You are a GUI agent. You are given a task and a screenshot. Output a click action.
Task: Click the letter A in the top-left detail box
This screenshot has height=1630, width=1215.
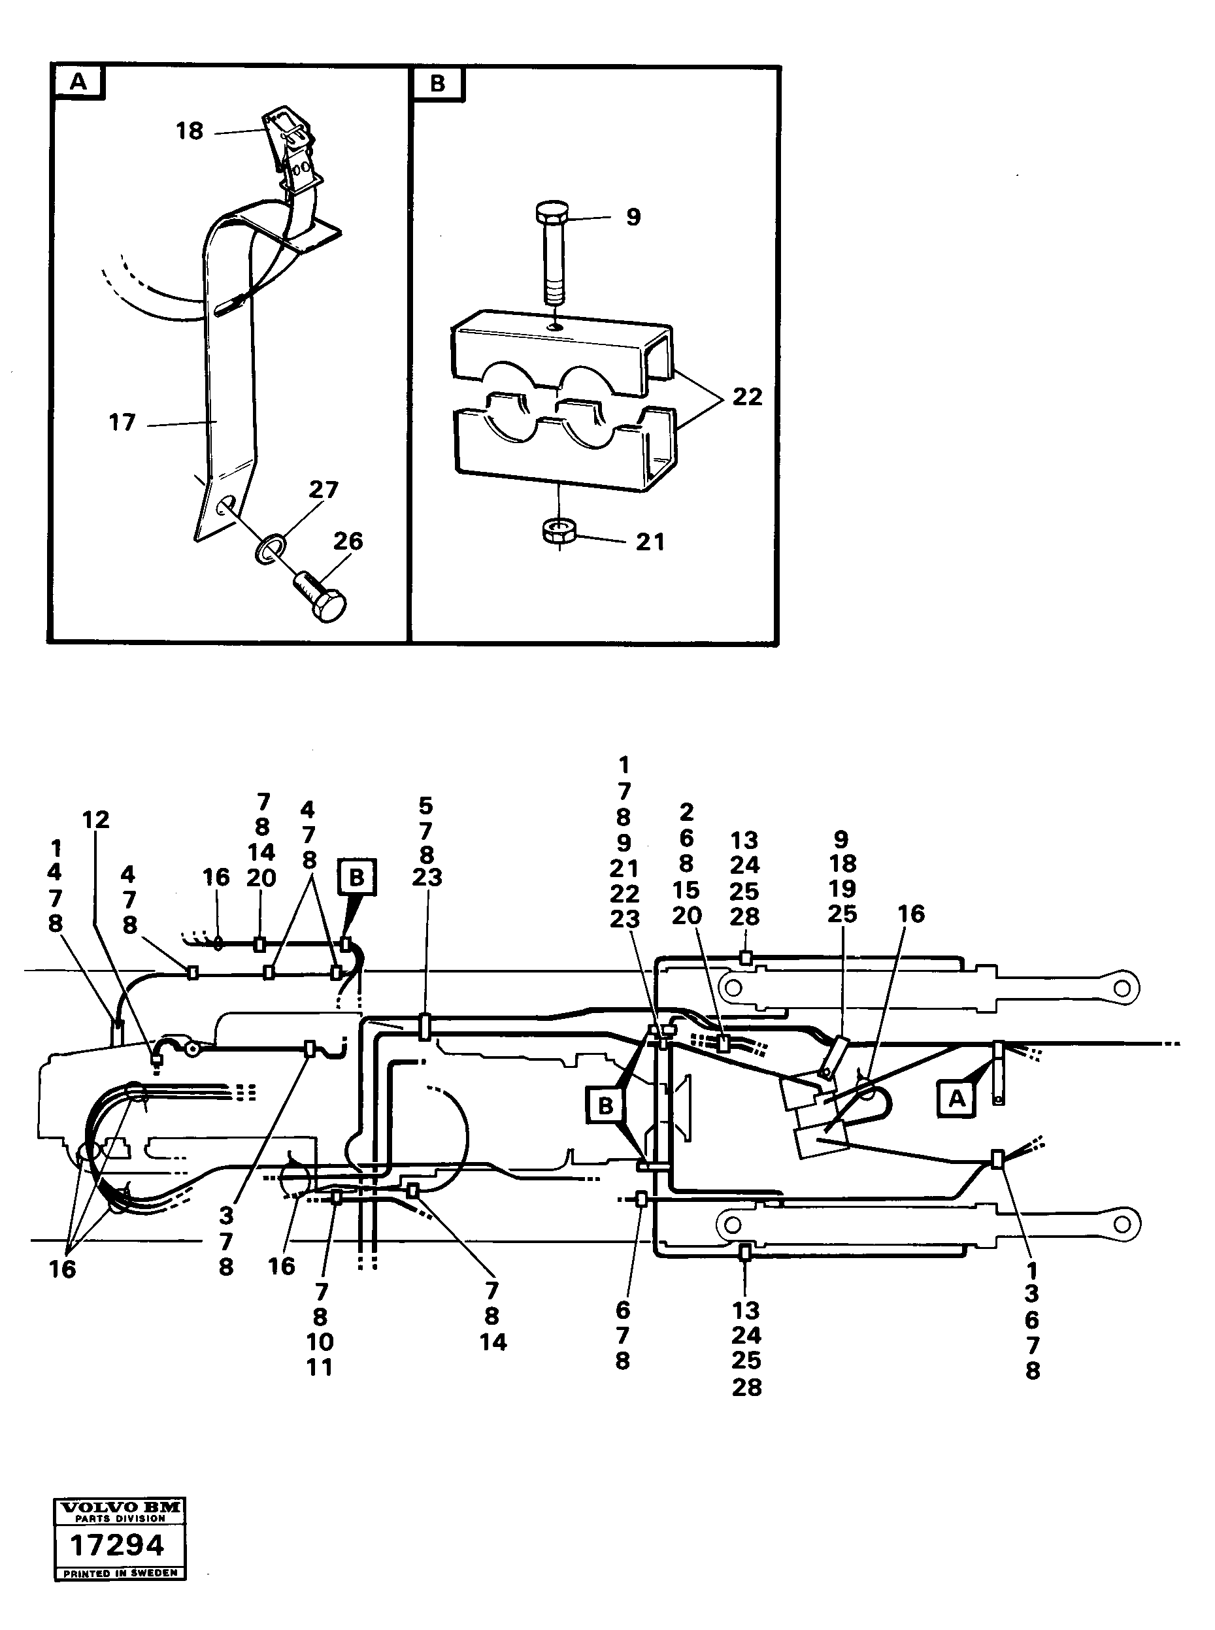point(78,83)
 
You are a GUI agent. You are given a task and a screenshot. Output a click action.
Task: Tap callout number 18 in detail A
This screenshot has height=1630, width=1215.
point(189,131)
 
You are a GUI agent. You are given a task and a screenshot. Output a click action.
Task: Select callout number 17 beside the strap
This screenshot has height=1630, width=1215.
point(122,423)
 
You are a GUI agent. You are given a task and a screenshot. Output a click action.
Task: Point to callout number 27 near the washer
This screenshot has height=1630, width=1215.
point(324,490)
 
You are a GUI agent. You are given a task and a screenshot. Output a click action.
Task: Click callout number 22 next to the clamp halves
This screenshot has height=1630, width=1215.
point(747,397)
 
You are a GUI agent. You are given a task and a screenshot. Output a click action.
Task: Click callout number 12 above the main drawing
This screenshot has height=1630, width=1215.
point(95,820)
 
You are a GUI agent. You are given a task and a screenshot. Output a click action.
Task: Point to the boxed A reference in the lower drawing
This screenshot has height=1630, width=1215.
point(956,1099)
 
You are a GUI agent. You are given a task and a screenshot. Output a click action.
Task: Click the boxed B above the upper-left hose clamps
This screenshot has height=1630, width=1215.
point(357,877)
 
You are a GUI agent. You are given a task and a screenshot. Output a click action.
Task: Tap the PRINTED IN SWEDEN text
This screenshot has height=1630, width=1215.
point(120,1573)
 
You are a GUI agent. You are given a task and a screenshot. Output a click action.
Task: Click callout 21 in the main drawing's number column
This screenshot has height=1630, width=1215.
point(624,869)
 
